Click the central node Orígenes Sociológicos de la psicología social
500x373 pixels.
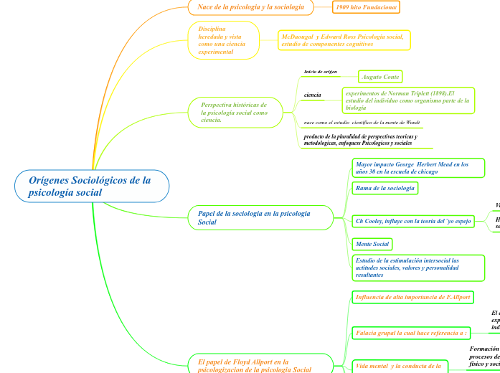coord(92,186)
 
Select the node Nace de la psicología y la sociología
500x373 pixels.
coord(250,7)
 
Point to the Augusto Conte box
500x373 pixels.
coord(380,76)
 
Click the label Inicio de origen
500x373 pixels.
coord(320,72)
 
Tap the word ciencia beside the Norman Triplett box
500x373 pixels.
coord(313,95)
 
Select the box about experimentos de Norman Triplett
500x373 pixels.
coord(407,100)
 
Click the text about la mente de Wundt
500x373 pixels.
coord(362,123)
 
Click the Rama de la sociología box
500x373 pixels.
coord(385,188)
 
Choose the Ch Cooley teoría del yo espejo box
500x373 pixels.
coord(413,221)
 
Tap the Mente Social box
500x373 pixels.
coord(372,244)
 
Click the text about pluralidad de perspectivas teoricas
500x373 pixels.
coord(360,140)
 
